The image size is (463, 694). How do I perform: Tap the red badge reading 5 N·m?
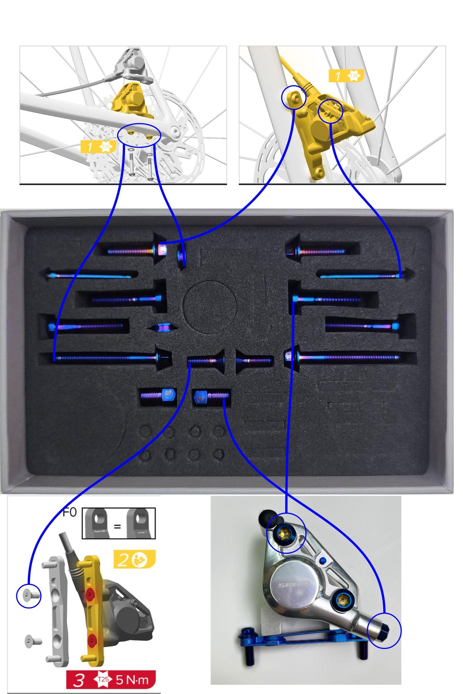(x=111, y=679)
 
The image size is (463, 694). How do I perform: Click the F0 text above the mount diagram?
(x=70, y=512)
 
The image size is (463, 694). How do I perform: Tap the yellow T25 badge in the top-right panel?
(x=346, y=76)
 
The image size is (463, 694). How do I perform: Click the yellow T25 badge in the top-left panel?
(x=97, y=147)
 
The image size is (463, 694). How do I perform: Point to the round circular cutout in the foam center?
(x=210, y=307)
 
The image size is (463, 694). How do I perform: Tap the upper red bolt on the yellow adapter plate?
(x=90, y=595)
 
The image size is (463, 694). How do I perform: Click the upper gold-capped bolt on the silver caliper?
(x=284, y=534)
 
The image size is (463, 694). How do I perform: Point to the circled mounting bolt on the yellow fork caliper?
(x=294, y=98)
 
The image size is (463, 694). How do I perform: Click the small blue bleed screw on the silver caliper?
(x=323, y=560)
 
